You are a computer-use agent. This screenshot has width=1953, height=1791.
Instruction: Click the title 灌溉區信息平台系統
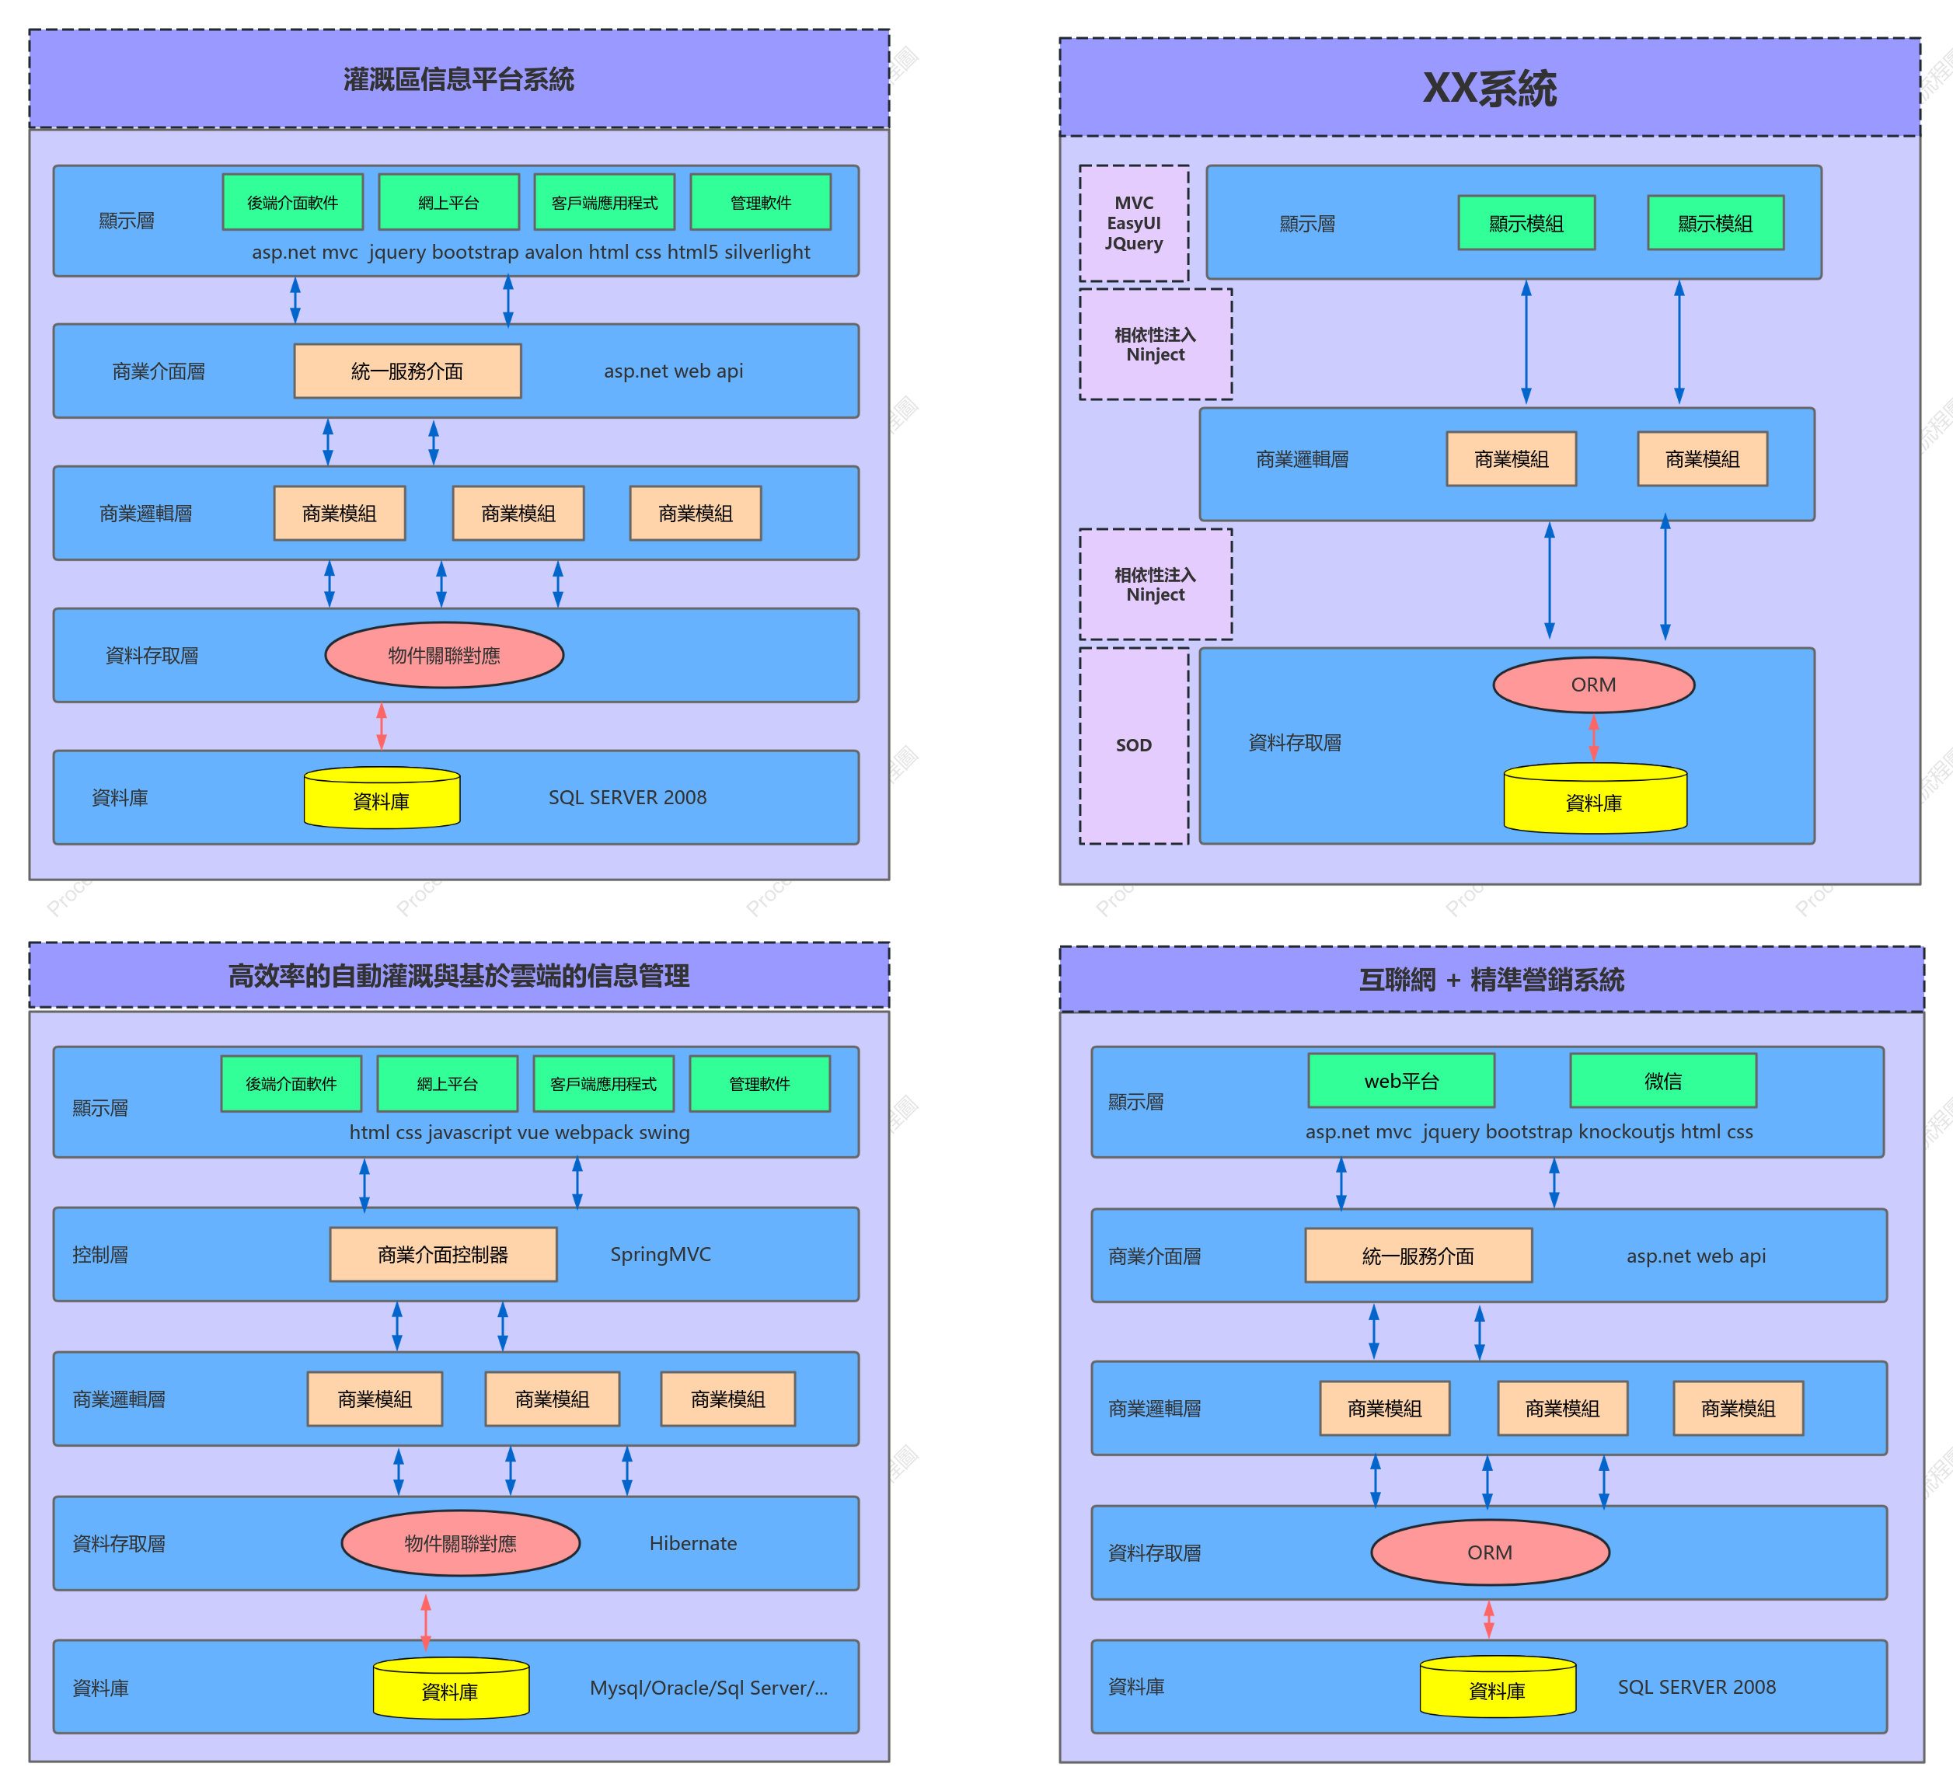coord(459,79)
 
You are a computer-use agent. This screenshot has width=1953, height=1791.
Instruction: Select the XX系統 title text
coord(1490,89)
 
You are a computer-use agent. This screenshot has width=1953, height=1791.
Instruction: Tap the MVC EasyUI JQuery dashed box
coord(1134,224)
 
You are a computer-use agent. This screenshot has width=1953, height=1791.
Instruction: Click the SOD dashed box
coord(1134,745)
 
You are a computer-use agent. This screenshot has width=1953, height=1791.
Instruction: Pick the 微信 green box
coord(1663,1081)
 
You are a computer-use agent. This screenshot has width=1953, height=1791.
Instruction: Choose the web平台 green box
coord(1401,1081)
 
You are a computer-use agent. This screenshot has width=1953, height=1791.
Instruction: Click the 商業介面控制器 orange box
coord(443,1255)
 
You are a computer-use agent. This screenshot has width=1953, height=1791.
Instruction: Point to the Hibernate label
coord(693,1543)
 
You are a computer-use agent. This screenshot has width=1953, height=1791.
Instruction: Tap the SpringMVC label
coord(660,1254)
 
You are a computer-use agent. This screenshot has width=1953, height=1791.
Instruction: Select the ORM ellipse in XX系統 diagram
coord(1593,685)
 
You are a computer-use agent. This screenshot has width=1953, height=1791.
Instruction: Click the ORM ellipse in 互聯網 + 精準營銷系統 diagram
coord(1490,1552)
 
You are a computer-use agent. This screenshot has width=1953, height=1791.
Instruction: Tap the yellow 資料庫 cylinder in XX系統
coord(1595,799)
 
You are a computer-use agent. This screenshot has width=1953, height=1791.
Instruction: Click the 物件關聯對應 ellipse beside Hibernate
coord(460,1543)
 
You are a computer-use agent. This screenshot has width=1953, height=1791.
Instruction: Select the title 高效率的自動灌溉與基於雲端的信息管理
coord(459,976)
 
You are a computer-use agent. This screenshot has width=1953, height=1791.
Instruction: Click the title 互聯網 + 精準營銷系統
coord(1491,980)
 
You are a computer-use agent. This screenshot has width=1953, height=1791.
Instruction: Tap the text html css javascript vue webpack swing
coord(519,1132)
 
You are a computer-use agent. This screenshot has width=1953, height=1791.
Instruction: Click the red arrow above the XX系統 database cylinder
coord(1593,738)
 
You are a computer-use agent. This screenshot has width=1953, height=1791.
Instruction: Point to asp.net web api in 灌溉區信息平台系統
coord(674,371)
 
